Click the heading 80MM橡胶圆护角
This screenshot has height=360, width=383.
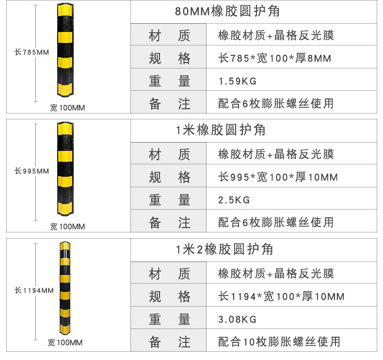227,11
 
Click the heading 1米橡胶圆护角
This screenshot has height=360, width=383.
220,130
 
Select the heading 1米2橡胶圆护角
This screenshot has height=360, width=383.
224,249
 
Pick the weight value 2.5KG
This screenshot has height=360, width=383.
234,199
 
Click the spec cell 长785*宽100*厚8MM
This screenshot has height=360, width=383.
275,59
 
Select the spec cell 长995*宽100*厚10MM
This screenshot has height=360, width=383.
278,177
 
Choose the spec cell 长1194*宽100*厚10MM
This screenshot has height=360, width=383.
281,296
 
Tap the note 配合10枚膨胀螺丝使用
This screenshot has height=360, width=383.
279,342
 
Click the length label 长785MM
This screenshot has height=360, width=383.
32,52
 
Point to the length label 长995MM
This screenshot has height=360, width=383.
32,171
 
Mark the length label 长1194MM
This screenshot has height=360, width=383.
33,291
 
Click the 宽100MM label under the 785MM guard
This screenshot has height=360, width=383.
67,108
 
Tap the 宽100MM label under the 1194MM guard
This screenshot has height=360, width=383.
65,343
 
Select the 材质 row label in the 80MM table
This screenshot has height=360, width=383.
169,35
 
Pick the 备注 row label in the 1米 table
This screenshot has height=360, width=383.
169,222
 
